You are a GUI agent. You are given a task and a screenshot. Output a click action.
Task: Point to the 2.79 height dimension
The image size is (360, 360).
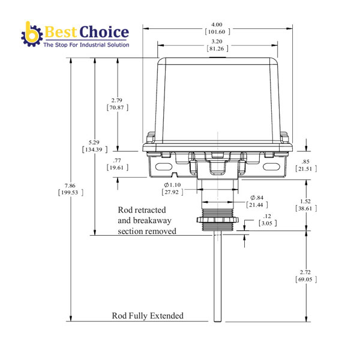(118, 100)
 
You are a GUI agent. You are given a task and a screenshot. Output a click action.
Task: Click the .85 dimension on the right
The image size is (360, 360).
(306, 161)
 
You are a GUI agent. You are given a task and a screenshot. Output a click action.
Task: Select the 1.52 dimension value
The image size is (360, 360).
(306, 202)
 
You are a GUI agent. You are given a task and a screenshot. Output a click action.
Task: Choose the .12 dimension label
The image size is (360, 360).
(267, 216)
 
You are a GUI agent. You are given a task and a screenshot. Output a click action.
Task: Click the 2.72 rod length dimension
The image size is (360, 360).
(306, 272)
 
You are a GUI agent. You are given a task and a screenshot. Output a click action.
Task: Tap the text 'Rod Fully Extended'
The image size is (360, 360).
(148, 316)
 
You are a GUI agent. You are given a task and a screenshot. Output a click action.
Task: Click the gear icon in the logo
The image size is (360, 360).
(31, 34)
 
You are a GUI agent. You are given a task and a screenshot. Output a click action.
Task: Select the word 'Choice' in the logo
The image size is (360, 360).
(106, 31)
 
